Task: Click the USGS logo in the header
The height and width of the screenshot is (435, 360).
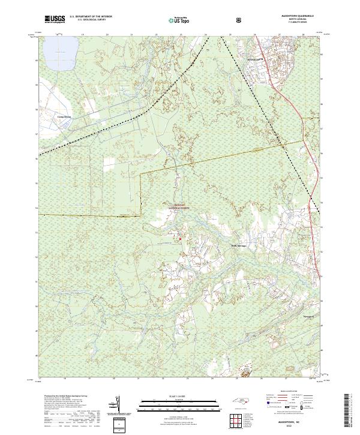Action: pyautogui.click(x=55, y=20)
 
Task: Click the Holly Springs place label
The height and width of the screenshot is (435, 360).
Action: pyautogui.click(x=239, y=245)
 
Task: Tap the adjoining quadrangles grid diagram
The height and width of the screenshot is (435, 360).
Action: pyautogui.click(x=238, y=421)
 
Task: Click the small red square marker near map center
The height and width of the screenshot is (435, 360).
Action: pyautogui.click(x=179, y=240)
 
